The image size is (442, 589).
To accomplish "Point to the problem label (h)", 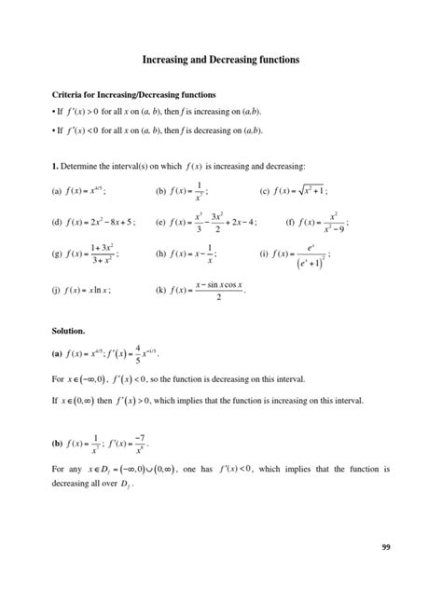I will click(159, 254).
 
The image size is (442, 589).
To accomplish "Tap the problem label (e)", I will click(159, 223).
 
